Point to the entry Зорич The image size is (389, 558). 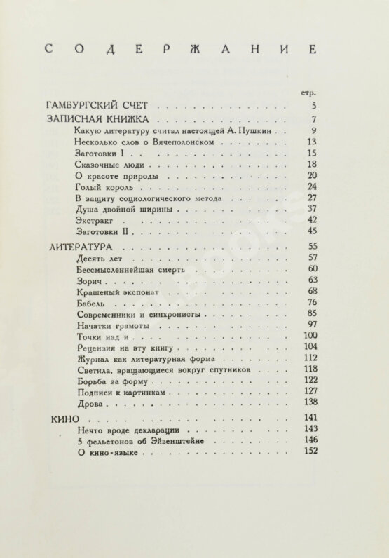91,280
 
